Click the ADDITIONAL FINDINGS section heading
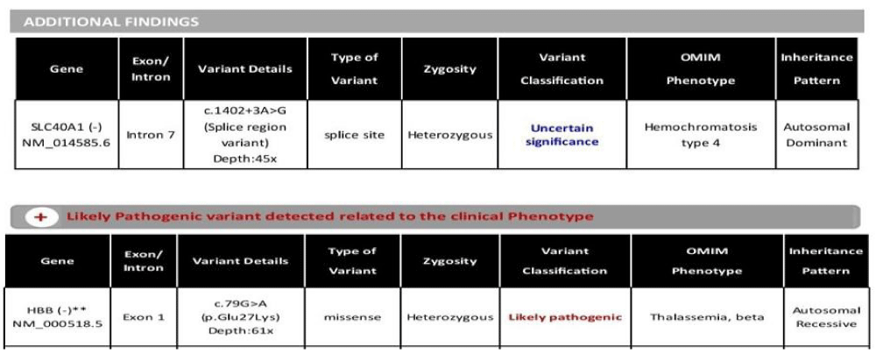tap(111, 23)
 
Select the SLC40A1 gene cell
tap(67, 135)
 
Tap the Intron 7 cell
tap(151, 135)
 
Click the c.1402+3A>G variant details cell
tap(245, 135)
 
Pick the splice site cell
tap(354, 135)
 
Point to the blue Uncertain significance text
tap(562, 135)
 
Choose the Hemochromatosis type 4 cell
tap(701, 135)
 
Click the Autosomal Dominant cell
tap(816, 135)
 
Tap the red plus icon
tap(40, 216)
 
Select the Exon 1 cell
tap(144, 317)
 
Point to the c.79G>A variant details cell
tap(241, 317)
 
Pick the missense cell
tap(352, 317)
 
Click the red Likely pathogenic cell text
tap(565, 317)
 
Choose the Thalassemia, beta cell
tap(707, 317)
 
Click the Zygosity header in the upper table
tap(449, 69)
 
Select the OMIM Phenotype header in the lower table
tap(707, 261)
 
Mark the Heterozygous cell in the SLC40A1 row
tap(449, 135)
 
